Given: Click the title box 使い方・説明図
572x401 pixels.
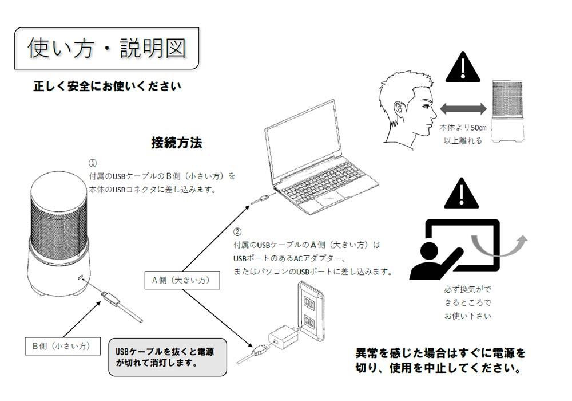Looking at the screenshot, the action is coord(107,48).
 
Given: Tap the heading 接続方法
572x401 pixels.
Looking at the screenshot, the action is coord(177,143).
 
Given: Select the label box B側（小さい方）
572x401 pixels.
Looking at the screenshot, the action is coord(63,346).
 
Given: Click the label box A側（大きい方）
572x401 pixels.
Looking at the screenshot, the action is coord(182,280).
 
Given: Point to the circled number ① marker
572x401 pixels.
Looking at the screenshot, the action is coord(93,163).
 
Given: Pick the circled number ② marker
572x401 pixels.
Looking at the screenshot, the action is coord(237,232).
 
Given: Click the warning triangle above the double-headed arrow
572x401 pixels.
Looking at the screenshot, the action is coord(463,68).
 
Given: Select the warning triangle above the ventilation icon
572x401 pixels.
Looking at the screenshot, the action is coord(462,194).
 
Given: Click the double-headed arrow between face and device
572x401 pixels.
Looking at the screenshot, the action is coord(463,108).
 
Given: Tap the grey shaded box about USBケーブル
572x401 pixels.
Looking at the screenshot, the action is coord(168,357).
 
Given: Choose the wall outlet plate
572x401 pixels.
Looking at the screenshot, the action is coord(311,311).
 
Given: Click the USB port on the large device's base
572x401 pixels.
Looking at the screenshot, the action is coord(81,278).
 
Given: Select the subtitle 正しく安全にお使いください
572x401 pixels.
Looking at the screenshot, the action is coord(108,86).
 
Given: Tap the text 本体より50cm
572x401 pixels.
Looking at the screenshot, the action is coord(463,127).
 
